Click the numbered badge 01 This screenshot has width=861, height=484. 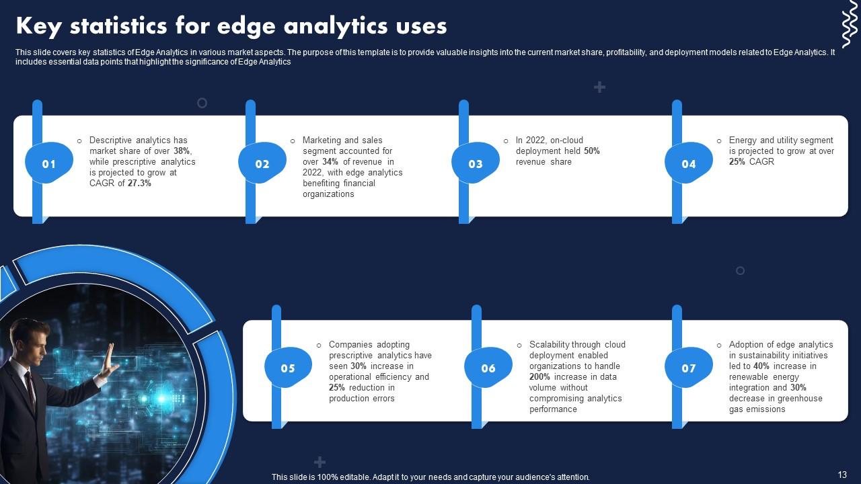click(x=49, y=164)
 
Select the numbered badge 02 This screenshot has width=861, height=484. click(x=262, y=164)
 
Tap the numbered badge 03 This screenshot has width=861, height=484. click(x=476, y=164)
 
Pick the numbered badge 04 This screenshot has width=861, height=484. click(x=689, y=164)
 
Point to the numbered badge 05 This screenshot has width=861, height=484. click(x=288, y=368)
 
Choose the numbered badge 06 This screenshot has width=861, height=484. click(x=488, y=368)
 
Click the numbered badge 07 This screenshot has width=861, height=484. click(x=689, y=368)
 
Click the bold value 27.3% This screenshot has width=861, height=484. click(x=139, y=184)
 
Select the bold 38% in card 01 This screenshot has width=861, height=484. click(x=182, y=151)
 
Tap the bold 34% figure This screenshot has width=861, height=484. click(x=330, y=162)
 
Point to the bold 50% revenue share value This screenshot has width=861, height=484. click(x=591, y=151)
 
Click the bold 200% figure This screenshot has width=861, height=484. click(x=539, y=377)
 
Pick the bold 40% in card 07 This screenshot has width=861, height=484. click(x=761, y=366)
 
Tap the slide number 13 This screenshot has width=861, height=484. click(x=842, y=475)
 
